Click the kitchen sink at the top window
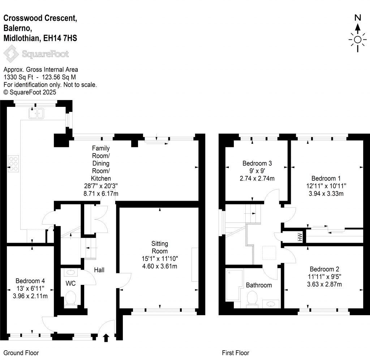click(x=36, y=113)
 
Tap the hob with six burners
click(x=14, y=163)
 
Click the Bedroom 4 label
click(x=30, y=281)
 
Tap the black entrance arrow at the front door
click(x=106, y=338)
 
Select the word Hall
click(x=99, y=270)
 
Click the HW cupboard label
click(x=300, y=237)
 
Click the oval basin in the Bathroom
click(x=271, y=304)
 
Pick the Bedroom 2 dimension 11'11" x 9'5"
click(x=324, y=277)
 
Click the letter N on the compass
click(x=358, y=17)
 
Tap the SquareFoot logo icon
click(x=11, y=54)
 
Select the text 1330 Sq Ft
click(x=17, y=77)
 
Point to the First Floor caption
click(x=235, y=353)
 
